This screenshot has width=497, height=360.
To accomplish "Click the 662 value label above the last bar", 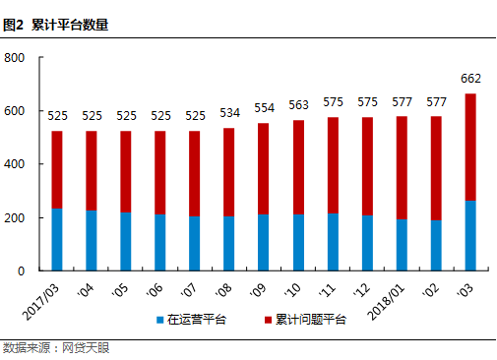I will click(469, 80).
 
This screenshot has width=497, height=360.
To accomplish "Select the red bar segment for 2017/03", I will click(57, 169).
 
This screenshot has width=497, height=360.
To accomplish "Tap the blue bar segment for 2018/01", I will click(401, 244).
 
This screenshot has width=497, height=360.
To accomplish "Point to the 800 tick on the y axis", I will click(16, 58).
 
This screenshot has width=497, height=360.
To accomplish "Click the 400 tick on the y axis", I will click(16, 164).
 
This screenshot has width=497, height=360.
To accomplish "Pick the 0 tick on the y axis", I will click(22, 270).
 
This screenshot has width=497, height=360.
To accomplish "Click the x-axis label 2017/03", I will click(41, 292).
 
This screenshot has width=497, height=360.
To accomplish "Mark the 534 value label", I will click(229, 114).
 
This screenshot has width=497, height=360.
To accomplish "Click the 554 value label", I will click(264, 108).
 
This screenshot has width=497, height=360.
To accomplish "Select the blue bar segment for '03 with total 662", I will click(469, 235).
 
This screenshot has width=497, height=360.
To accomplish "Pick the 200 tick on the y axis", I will click(16, 217).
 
